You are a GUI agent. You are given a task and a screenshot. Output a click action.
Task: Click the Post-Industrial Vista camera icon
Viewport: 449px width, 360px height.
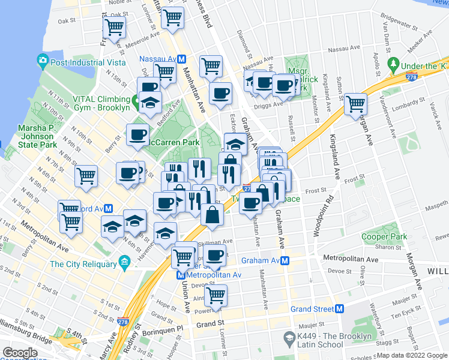coord(43,60)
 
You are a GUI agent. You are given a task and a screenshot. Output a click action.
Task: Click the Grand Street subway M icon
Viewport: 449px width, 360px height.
coord(339,309)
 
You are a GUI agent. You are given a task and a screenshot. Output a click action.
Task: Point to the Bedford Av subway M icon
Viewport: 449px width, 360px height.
coord(109,209)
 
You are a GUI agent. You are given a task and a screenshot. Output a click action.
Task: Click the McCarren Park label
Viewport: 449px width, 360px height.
coord(175,143)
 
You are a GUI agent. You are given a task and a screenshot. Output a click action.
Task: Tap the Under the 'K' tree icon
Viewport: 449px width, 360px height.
coord(394,63)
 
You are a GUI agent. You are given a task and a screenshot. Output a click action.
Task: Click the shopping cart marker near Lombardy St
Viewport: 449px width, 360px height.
coord(356,104)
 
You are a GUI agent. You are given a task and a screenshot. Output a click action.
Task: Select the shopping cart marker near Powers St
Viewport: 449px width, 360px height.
coord(215,295)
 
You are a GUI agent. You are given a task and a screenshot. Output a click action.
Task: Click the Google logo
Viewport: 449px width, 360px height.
coord(20,352)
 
